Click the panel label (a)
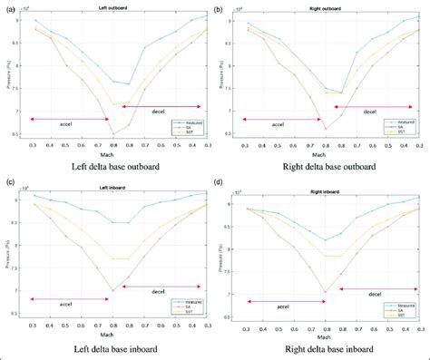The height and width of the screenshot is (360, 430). tap(9, 7)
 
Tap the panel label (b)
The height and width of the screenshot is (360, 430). tap(220, 7)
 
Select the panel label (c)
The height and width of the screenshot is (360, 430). tap(9, 185)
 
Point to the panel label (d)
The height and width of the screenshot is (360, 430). tap(220, 185)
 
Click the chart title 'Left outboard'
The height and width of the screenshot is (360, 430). tap(114, 9)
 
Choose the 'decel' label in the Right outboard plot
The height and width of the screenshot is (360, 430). tap(369, 112)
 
